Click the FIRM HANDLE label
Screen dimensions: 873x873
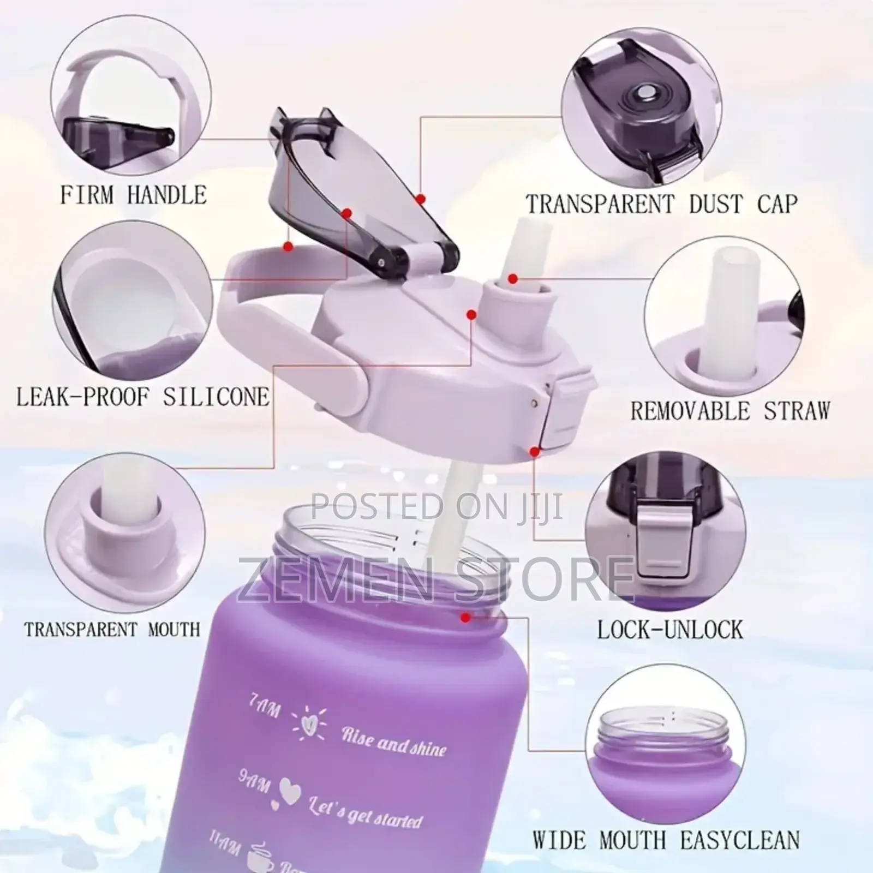[133, 195]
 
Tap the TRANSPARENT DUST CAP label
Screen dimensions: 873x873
[661, 204]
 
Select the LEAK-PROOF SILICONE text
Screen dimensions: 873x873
[142, 397]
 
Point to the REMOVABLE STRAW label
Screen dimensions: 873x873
[730, 410]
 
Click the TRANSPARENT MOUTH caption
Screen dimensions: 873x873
[112, 630]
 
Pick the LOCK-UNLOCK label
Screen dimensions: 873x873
[669, 630]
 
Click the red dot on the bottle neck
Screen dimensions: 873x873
[465, 618]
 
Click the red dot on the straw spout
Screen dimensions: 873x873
[512, 279]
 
